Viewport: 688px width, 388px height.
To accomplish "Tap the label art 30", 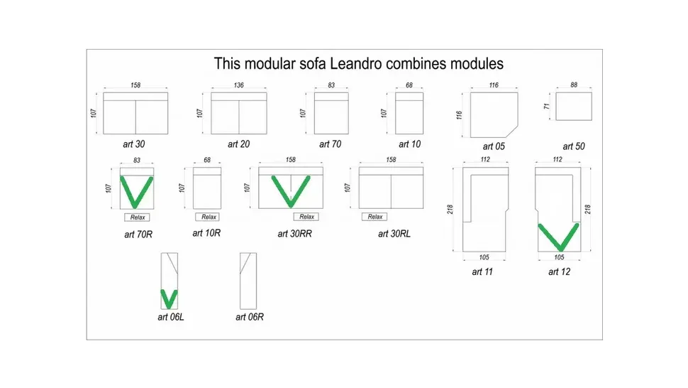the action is tap(134, 144).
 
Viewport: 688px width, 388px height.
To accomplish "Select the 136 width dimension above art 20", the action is tap(239, 85).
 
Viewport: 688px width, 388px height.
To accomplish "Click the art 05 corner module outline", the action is tap(471, 114).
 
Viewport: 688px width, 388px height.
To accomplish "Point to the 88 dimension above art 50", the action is tap(574, 85).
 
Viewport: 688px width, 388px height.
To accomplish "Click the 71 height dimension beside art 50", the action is tap(546, 107).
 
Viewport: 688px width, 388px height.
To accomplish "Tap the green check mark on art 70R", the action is tap(136, 192).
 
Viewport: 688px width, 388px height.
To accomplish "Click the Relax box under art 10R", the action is tap(209, 217).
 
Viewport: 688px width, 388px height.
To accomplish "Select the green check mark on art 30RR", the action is tap(291, 191).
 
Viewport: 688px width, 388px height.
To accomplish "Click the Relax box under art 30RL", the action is tap(374, 217).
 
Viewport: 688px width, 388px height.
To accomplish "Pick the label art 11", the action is tap(482, 272).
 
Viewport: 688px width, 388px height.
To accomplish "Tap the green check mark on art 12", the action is tap(559, 237).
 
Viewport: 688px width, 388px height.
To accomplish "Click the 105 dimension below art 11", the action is tap(484, 257).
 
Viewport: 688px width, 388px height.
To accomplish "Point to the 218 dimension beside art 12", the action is tap(588, 209).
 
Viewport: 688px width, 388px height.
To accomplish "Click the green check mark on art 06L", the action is tap(169, 298).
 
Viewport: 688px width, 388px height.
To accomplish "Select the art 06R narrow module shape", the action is tap(240, 281).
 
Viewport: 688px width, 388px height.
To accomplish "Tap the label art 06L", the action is tap(171, 317).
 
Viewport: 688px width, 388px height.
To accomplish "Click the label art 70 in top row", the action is tap(330, 144).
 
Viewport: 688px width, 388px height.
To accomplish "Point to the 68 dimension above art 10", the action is tap(409, 85).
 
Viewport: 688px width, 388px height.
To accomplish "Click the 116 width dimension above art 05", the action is tap(494, 85).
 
